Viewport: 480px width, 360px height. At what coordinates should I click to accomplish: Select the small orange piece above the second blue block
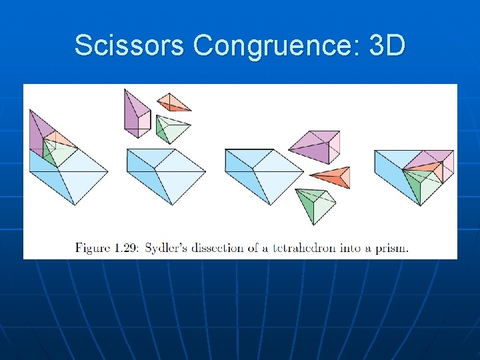pos(173,103)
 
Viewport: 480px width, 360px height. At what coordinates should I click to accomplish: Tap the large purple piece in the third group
pos(313,147)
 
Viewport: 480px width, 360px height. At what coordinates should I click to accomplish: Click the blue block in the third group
pos(264,173)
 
